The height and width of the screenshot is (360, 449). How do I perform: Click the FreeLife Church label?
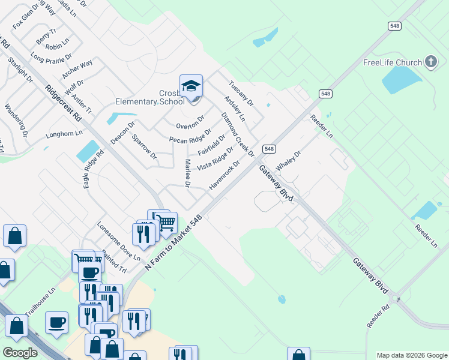click(393, 62)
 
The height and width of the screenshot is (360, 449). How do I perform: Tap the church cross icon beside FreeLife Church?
click(430, 62)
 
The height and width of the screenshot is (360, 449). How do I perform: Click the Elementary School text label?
click(150, 101)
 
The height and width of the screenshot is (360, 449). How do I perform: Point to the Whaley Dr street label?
click(288, 160)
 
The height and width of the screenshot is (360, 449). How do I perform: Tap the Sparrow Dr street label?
click(144, 147)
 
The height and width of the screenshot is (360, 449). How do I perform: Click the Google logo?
click(20, 353)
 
